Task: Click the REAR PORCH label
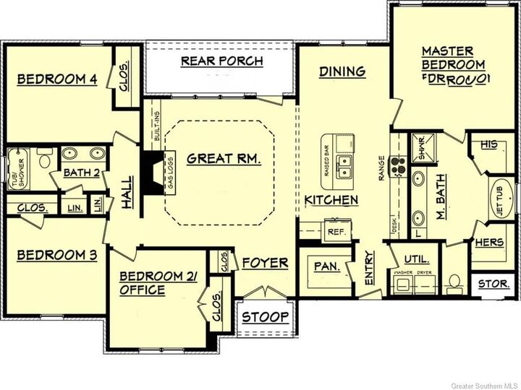click(x=221, y=61)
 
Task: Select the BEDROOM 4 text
click(x=57, y=79)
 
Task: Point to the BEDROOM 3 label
click(x=57, y=255)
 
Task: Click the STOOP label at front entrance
click(x=266, y=317)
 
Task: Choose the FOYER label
click(x=265, y=262)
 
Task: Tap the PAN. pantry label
click(x=327, y=266)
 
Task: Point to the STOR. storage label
click(x=494, y=284)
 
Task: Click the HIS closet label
click(x=489, y=145)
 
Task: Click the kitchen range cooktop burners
click(x=397, y=166)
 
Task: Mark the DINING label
click(x=342, y=71)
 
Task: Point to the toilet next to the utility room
click(x=454, y=280)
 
